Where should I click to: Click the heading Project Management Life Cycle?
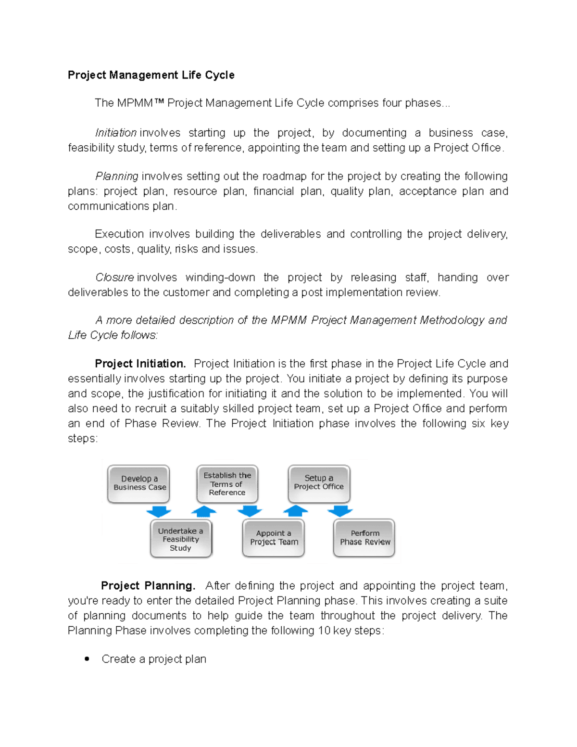[151, 75]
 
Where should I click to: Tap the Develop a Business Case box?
[139, 483]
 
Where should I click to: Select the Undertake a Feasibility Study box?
[181, 539]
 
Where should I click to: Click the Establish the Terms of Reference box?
[227, 483]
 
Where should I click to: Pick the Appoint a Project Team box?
[274, 538]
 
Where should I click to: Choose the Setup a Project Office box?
[319, 483]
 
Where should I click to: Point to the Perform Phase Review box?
[364, 538]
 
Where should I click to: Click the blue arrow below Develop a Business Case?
[158, 511]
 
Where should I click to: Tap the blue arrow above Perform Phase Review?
[340, 511]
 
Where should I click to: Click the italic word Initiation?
[115, 133]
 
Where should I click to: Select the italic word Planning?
[117, 176]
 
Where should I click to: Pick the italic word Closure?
[114, 278]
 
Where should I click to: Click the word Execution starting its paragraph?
[119, 234]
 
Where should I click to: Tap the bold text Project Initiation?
[140, 364]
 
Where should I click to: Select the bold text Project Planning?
[148, 586]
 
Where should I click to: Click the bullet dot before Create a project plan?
[87, 659]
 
